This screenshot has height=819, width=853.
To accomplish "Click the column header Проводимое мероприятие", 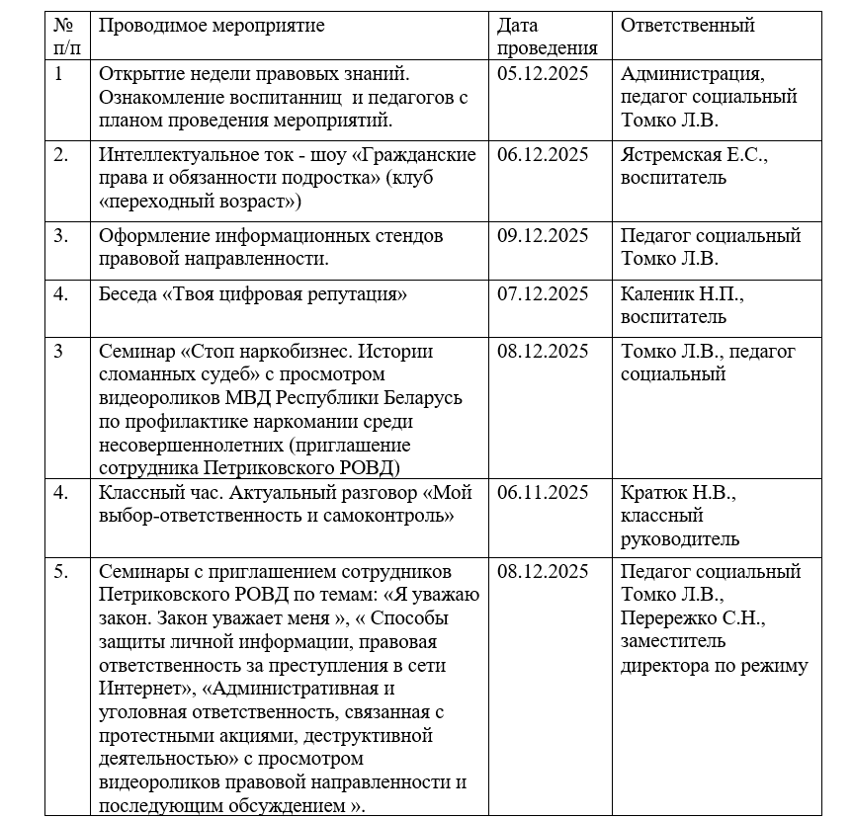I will pos(212,26).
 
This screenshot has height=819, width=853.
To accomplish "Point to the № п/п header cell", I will pos(66,37).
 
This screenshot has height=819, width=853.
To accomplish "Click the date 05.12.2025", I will pos(543,74).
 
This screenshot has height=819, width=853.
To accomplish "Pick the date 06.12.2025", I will pos(543,155).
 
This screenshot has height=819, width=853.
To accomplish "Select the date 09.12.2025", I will pos(543,236).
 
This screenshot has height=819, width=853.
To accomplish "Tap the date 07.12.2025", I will pos(543,294).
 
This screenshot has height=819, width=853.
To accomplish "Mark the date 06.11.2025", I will pos(543,493).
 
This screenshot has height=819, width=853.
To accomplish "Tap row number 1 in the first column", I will pos(58,74).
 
